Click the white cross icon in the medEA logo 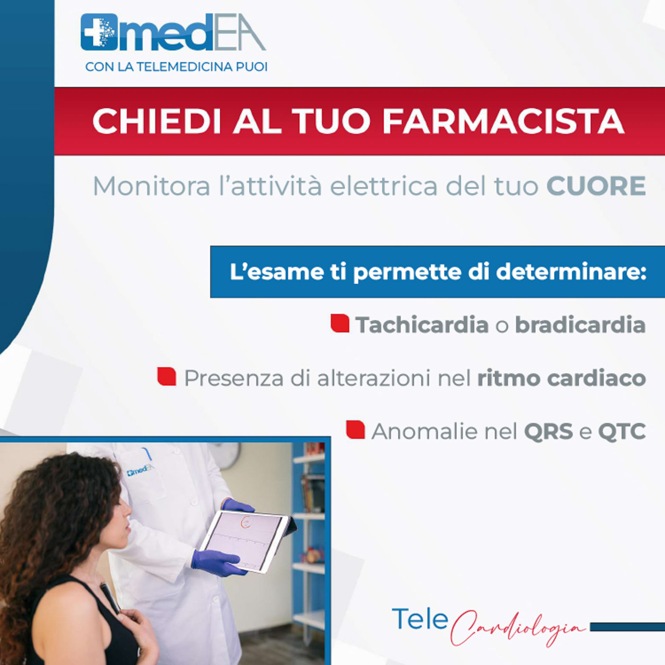[x=95, y=32]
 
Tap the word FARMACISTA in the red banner [x=503, y=121]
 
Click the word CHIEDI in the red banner [x=157, y=121]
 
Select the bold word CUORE [x=596, y=186]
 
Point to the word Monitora [x=152, y=186]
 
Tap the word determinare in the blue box [x=571, y=272]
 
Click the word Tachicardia [x=422, y=325]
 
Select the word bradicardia [x=580, y=325]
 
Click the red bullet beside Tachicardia [x=340, y=323]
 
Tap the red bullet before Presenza [x=167, y=376]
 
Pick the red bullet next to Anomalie [x=355, y=430]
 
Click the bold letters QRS [x=548, y=432]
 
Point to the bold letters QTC [x=622, y=432]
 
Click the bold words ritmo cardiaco [x=561, y=378]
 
